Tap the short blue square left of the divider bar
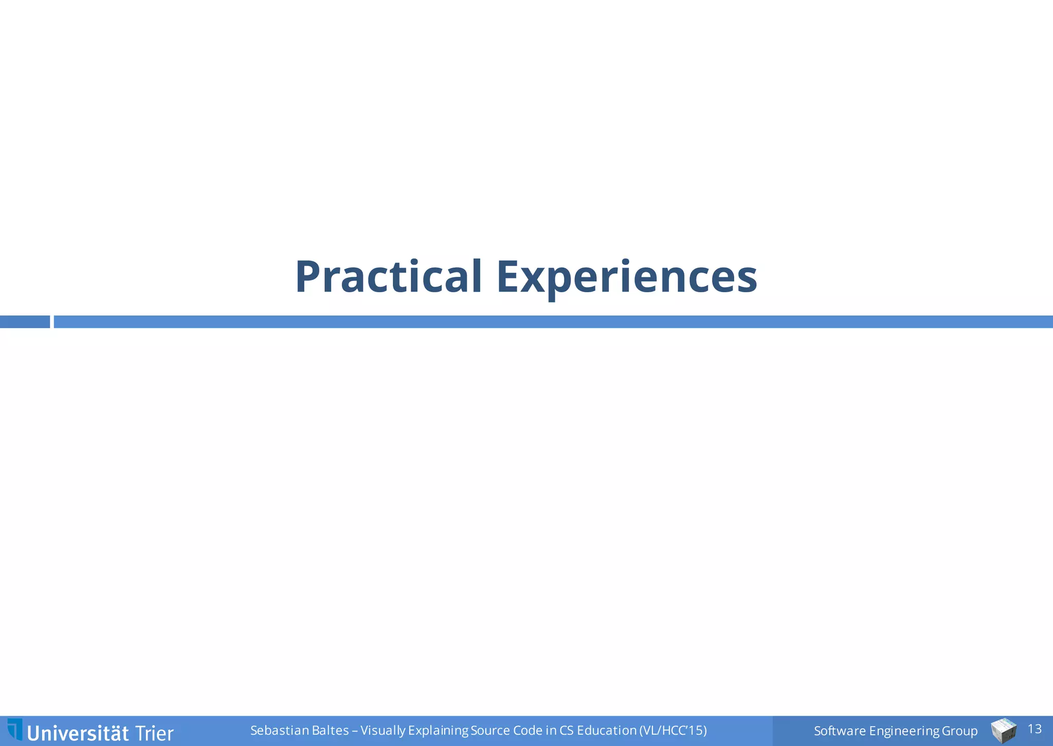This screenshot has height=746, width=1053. pos(25,322)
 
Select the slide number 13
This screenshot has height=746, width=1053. pos(1034,729)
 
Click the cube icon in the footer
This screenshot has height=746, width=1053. pos(1003,731)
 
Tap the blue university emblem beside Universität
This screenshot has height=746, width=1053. pos(15,730)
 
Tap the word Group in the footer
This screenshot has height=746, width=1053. pos(960,731)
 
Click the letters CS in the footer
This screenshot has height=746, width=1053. pos(566,731)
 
